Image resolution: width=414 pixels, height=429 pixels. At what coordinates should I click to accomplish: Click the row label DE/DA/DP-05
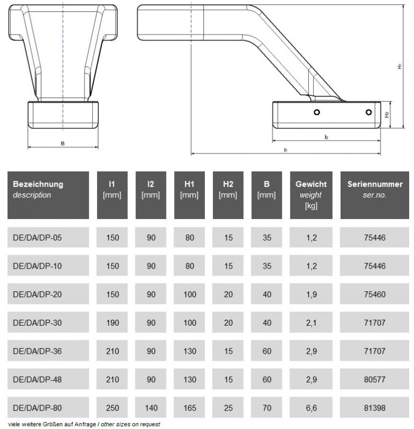pyautogui.click(x=38, y=237)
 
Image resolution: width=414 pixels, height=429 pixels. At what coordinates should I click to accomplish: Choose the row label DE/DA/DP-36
pyautogui.click(x=38, y=351)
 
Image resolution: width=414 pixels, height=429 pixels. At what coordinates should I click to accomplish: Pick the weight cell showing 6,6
pyautogui.click(x=310, y=409)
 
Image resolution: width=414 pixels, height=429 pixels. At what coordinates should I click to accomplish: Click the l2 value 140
pyautogui.click(x=150, y=409)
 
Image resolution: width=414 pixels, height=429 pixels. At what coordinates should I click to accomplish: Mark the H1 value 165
pyautogui.click(x=189, y=409)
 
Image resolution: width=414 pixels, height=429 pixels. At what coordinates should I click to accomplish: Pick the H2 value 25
pyautogui.click(x=228, y=409)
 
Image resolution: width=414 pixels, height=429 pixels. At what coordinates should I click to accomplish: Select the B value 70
pyautogui.click(x=266, y=409)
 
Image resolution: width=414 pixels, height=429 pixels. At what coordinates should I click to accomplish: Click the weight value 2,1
pyautogui.click(x=310, y=323)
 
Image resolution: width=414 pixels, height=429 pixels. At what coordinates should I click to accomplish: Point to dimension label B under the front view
pyautogui.click(x=63, y=144)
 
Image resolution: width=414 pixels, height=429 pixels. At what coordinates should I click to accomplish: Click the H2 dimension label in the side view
pyautogui.click(x=386, y=115)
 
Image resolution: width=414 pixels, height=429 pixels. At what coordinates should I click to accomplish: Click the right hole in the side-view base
pyautogui.click(x=368, y=112)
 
